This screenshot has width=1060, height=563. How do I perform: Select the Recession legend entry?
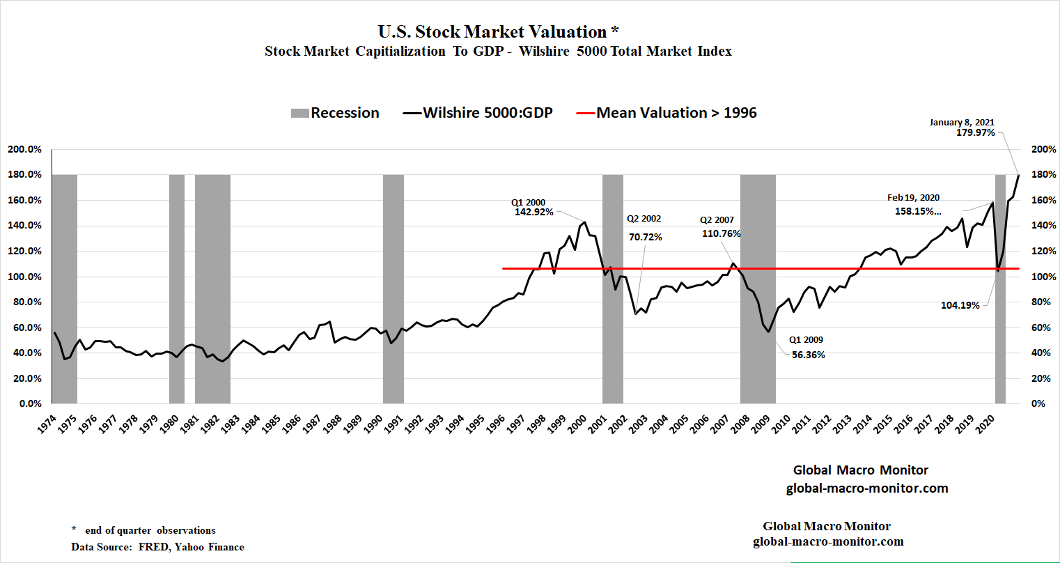point(335,113)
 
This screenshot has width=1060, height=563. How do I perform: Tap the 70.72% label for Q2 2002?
point(646,237)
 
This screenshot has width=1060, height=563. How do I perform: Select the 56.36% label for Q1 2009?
point(809,355)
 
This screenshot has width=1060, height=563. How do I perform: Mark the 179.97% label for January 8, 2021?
point(976,132)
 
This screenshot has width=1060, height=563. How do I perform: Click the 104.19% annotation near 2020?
point(960,305)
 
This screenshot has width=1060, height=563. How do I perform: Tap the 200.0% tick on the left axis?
point(24,149)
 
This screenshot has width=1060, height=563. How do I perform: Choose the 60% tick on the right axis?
point(1040,327)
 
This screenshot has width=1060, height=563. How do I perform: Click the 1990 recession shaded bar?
point(393,288)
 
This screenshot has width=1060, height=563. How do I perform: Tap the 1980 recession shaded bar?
point(177,288)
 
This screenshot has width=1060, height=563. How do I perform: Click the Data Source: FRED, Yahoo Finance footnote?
point(158,547)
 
